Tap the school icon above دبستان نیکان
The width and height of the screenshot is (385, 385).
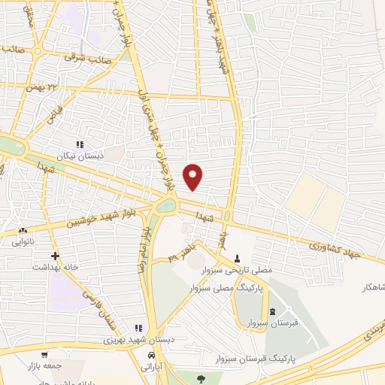click(80, 144)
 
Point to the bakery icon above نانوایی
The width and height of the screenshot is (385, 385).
click(23, 231)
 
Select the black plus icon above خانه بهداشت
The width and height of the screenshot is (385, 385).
click(55, 256)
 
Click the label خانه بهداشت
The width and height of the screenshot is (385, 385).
click(54, 267)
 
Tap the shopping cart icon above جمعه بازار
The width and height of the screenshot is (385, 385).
click(46, 354)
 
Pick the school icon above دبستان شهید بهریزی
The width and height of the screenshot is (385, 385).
click(138, 328)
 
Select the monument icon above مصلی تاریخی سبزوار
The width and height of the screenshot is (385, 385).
click(238, 259)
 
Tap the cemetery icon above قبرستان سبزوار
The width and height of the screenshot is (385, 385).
click(271, 312)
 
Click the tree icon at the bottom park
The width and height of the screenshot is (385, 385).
click(200, 378)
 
